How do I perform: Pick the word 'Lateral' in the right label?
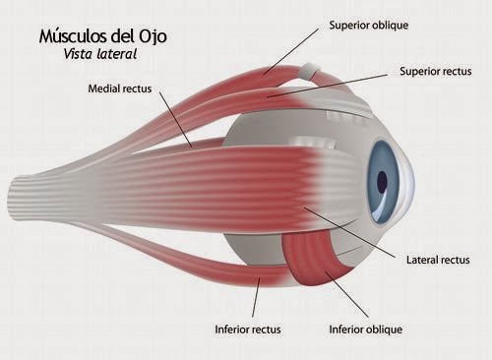(424, 261)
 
